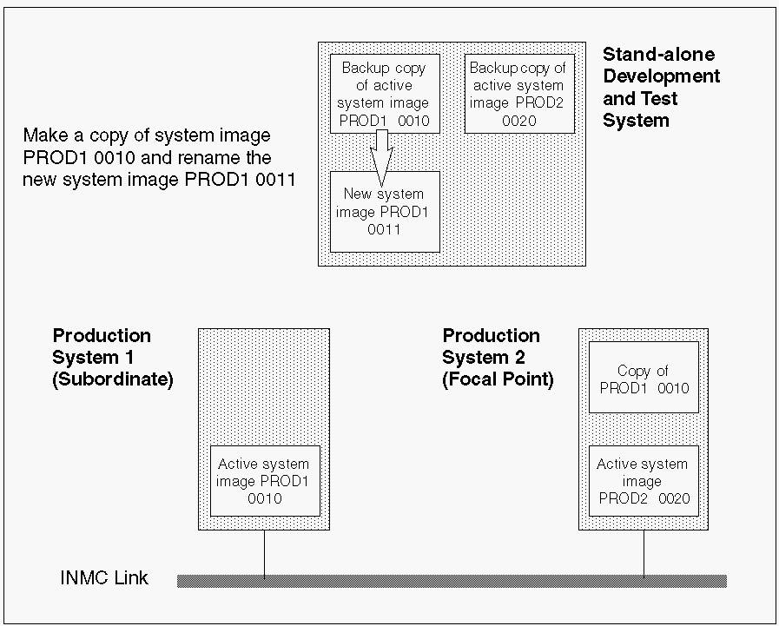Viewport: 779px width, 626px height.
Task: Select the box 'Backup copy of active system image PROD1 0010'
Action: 385,93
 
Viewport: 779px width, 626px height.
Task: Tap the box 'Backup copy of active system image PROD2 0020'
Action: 518,94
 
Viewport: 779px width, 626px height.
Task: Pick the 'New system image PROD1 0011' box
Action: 385,211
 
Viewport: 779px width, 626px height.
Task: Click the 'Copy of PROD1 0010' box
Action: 644,379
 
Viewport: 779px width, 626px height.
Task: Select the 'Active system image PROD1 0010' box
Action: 264,481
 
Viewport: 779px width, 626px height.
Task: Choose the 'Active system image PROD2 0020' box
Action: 643,481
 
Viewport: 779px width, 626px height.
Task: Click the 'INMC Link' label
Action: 104,578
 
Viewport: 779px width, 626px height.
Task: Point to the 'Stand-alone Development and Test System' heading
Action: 661,88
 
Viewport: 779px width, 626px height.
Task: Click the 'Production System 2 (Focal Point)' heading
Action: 498,358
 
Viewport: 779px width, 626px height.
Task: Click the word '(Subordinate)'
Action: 113,379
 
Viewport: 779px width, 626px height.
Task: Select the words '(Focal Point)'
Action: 498,379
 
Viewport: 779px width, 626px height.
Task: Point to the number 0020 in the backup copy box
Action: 518,121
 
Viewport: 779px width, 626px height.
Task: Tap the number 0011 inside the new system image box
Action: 384,230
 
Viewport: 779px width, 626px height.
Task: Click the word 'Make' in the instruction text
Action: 43,135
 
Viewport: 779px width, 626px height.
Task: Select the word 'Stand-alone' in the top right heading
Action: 658,54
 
